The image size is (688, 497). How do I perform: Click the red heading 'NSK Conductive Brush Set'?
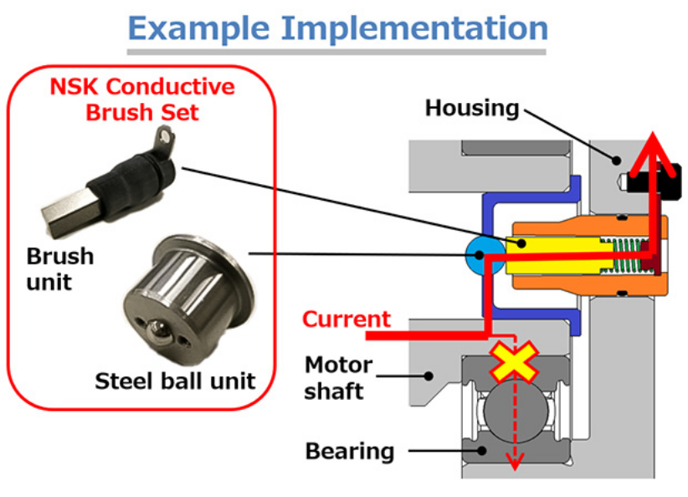[142, 99]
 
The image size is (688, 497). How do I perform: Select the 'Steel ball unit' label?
[175, 382]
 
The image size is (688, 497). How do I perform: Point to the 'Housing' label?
[472, 108]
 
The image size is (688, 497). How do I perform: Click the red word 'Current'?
[346, 319]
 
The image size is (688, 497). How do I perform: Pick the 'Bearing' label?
[349, 452]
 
